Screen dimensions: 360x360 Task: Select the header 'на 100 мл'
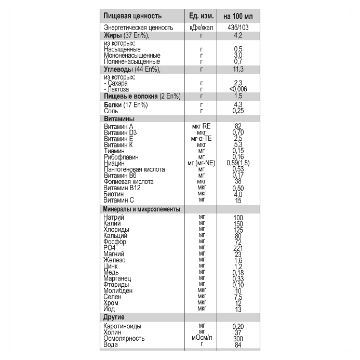(238, 16)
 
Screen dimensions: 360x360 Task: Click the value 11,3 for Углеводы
(238, 69)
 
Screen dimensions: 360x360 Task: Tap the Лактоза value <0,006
(238, 89)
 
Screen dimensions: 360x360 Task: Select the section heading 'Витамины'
(119, 118)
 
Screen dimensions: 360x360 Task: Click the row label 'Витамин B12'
(122, 188)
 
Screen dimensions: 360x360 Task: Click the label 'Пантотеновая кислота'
(134, 169)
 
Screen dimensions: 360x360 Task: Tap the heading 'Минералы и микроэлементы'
(142, 209)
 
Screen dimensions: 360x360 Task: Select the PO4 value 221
(238, 248)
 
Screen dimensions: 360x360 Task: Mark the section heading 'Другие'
(114, 317)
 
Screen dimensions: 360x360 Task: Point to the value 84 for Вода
(238, 344)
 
